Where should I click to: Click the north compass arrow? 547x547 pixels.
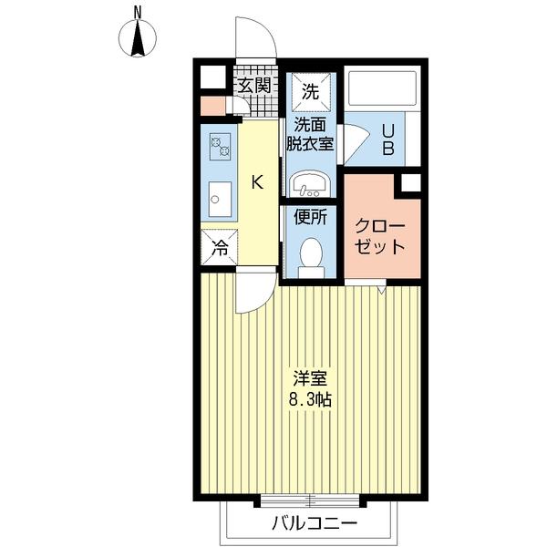[x=138, y=38]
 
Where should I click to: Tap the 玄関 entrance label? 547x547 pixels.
[x=254, y=85]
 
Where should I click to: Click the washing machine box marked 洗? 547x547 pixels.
[x=311, y=90]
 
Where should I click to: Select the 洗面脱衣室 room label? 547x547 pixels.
[x=310, y=134]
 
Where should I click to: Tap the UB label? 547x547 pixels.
[x=388, y=139]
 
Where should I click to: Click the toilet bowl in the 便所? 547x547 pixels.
[x=311, y=257]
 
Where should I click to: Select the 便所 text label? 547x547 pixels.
[x=311, y=217]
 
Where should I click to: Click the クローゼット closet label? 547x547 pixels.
[x=380, y=236]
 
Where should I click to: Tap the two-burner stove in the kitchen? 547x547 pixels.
[x=220, y=147]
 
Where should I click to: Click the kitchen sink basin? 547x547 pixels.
[x=220, y=199]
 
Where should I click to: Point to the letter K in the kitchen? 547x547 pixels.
[x=257, y=182]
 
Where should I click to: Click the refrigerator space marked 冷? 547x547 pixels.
[x=220, y=247]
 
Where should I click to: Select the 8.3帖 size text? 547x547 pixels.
[x=310, y=399]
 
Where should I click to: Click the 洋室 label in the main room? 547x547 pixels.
[x=310, y=378]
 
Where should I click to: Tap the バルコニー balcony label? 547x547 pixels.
[x=315, y=523]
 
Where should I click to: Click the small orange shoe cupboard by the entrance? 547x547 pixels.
[x=212, y=106]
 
